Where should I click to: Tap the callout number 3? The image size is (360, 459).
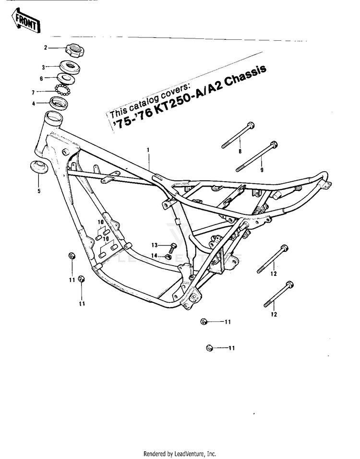(x=43, y=67)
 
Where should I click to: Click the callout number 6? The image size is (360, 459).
(x=42, y=78)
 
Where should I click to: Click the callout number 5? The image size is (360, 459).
(x=39, y=191)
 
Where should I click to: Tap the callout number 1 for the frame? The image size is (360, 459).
(x=148, y=150)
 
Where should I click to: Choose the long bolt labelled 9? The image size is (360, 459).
(x=256, y=155)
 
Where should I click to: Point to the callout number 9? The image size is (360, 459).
(x=262, y=170)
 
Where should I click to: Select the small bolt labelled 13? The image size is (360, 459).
(x=172, y=246)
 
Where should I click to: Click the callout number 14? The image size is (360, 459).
(x=155, y=256)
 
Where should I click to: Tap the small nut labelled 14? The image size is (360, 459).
(x=169, y=257)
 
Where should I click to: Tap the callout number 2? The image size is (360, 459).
(x=46, y=47)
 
